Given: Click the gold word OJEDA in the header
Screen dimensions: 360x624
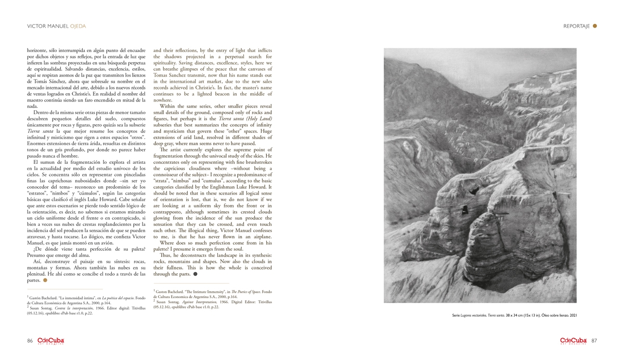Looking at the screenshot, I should coord(77,26).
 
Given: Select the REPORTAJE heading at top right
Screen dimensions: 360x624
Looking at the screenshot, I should coord(576,26).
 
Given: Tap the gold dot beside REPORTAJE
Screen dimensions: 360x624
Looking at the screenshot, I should coord(595,26).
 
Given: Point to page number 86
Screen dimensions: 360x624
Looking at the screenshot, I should coord(30,341).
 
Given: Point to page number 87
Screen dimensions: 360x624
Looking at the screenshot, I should coord(594,341).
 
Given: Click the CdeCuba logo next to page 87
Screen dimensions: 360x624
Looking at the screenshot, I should coord(574,341).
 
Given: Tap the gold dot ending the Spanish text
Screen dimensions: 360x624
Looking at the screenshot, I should coord(45,280).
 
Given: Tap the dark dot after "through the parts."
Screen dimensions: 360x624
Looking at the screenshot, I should coord(195,274).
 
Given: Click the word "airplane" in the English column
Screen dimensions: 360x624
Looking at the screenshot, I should coord(258,237).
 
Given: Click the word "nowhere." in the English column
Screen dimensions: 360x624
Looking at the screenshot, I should coord(163,100).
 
